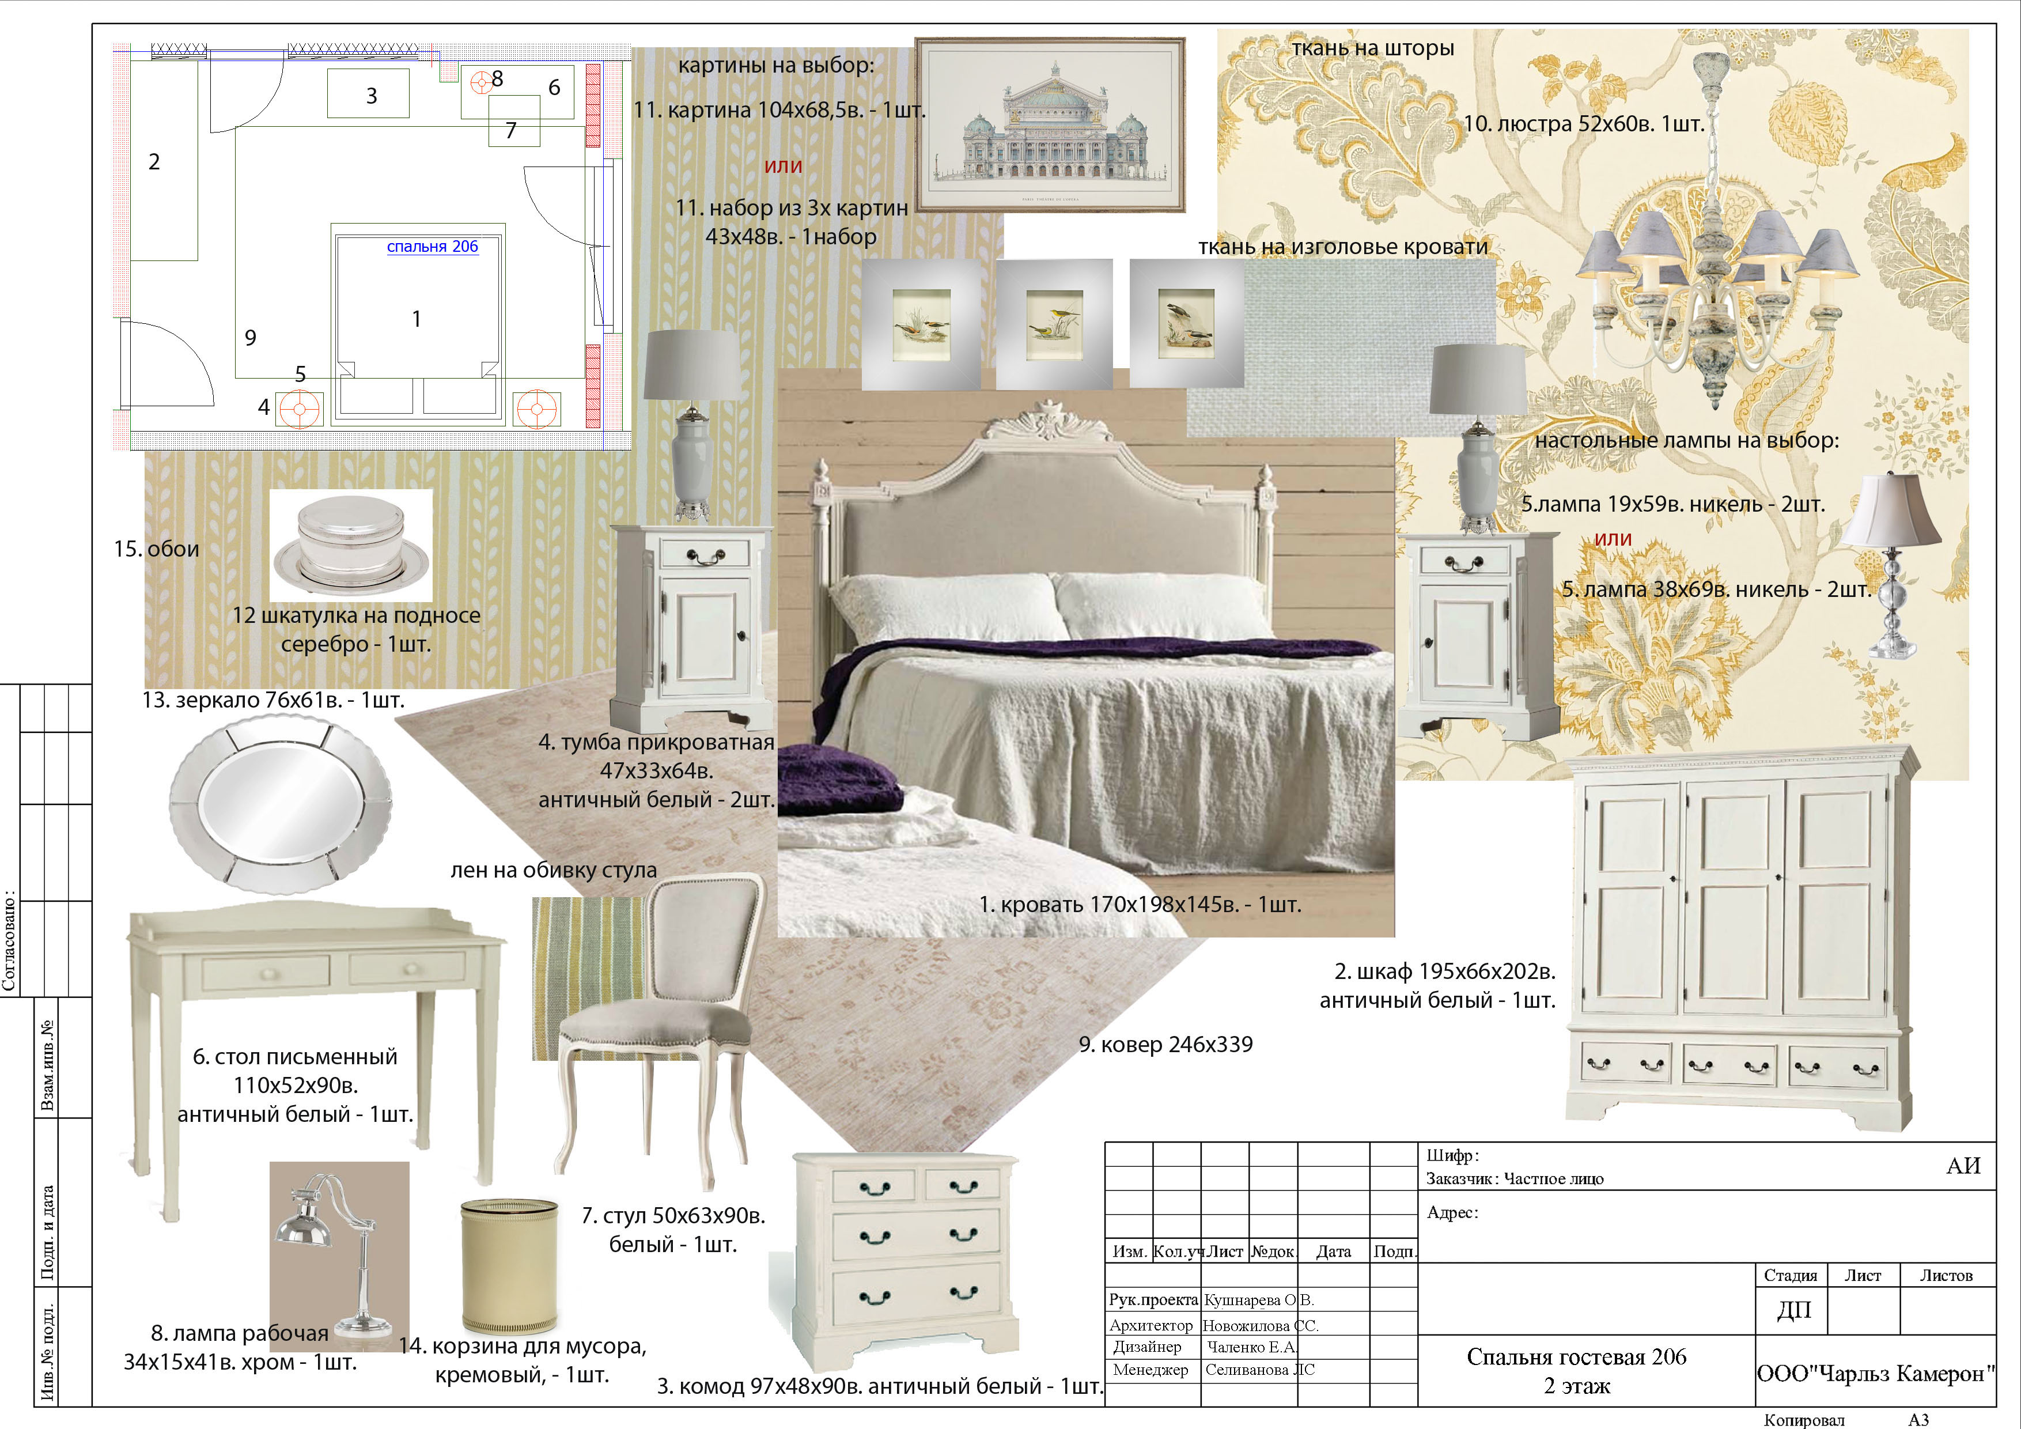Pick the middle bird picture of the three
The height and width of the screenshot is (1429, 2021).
[1054, 324]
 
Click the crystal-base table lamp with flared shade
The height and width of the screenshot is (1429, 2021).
[1891, 564]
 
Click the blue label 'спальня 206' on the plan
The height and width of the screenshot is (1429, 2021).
[432, 247]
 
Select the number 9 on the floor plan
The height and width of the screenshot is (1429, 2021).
[251, 337]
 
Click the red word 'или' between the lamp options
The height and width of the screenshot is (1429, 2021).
[1613, 538]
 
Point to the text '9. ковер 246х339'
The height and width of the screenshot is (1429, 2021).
[1165, 1044]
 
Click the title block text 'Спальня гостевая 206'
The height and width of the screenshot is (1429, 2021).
[1576, 1357]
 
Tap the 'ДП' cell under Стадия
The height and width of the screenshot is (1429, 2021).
[1794, 1310]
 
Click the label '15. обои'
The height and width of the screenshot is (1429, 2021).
[157, 549]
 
